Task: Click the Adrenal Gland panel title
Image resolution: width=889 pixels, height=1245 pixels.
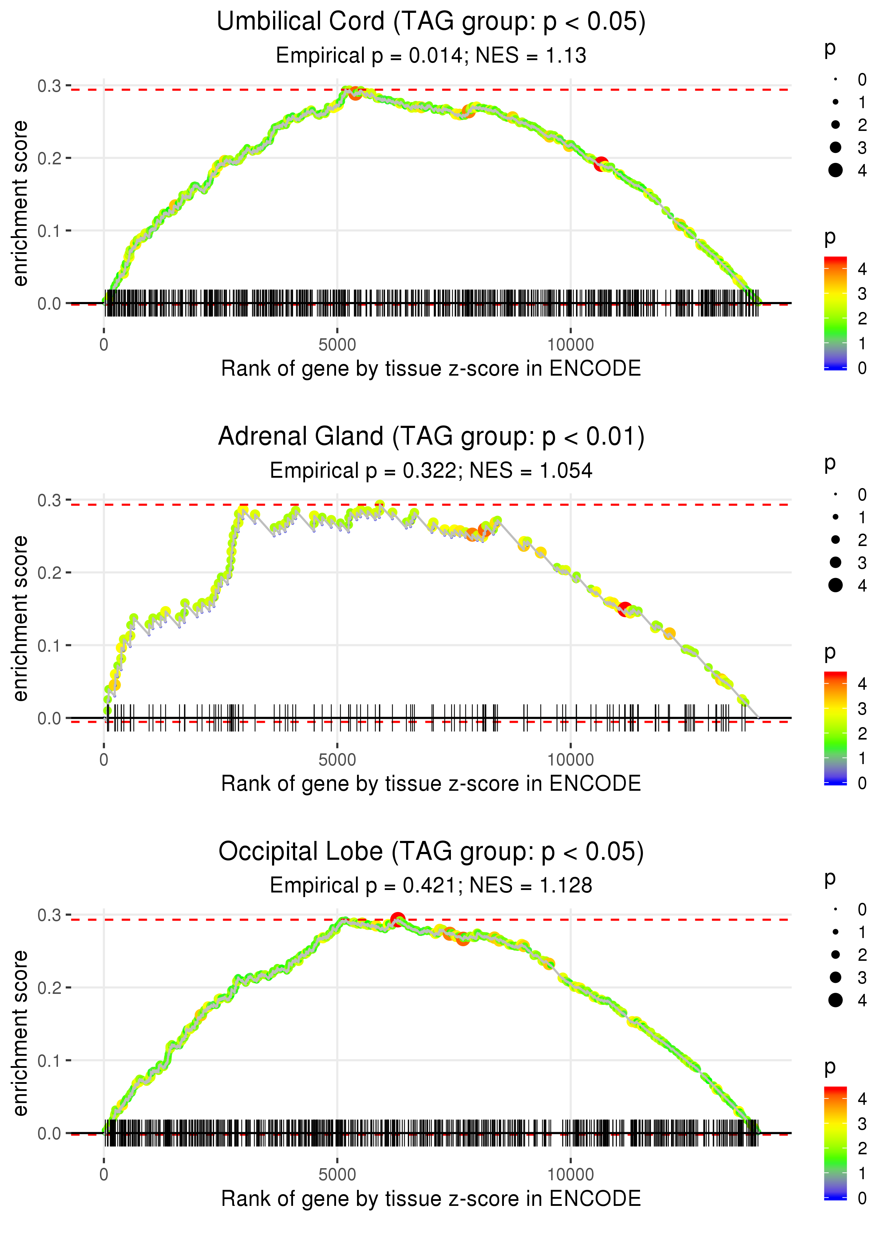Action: [431, 437]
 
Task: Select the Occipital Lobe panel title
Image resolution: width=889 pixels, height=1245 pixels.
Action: [431, 851]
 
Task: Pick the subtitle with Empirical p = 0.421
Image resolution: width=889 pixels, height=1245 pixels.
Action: [431, 885]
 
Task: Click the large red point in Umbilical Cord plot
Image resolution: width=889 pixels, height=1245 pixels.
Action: [601, 164]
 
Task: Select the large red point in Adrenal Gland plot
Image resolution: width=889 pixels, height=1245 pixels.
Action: [624, 609]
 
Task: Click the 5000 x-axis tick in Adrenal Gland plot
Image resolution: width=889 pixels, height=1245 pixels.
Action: [337, 759]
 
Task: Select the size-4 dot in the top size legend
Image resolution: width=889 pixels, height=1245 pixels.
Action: [835, 170]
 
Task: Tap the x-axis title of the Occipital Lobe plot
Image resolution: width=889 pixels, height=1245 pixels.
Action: [431, 1198]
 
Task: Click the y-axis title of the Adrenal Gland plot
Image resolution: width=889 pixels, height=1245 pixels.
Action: [20, 618]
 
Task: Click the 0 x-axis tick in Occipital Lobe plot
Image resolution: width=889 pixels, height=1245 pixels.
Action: [104, 1174]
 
